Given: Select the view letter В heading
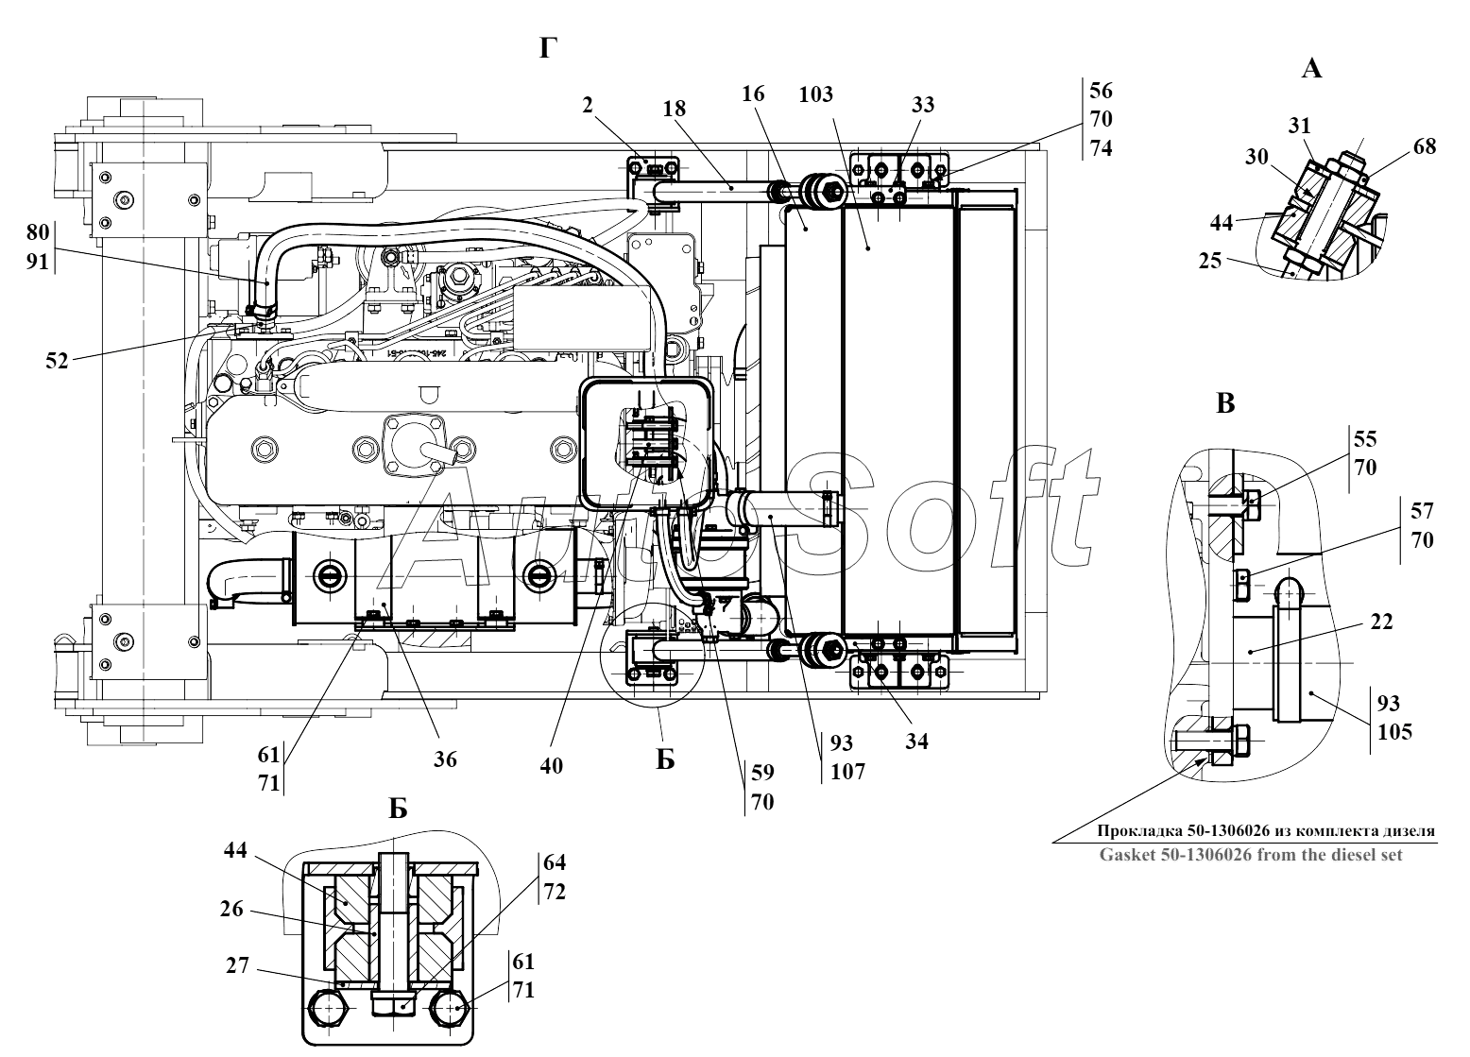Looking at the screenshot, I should pyautogui.click(x=1224, y=403).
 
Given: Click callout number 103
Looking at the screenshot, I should pyautogui.click(x=815, y=94).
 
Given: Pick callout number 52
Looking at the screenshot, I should pyautogui.click(x=57, y=360).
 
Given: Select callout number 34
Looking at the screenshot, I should pyautogui.click(x=915, y=741).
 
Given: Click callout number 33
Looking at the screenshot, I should pyautogui.click(x=922, y=105).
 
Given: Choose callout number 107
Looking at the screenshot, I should pyautogui.click(x=847, y=771).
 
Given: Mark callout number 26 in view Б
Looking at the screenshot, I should pyautogui.click(x=232, y=910).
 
